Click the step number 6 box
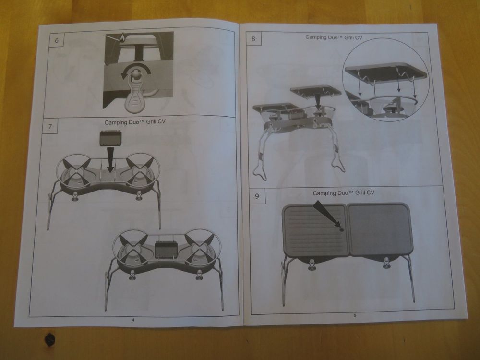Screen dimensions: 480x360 click(x=57, y=40)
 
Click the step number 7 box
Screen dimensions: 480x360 click(x=50, y=126)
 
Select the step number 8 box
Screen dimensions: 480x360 click(x=253, y=38)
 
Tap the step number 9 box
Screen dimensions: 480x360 click(x=257, y=196)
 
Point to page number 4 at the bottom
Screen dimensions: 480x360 click(x=133, y=320)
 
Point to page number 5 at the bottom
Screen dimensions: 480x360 click(x=355, y=315)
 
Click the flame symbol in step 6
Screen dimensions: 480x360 click(x=122, y=37)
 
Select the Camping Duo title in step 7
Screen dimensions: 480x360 click(x=135, y=122)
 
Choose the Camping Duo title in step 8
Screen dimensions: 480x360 click(x=334, y=37)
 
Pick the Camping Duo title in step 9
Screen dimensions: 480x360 click(x=344, y=193)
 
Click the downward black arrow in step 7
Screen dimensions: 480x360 click(x=110, y=160)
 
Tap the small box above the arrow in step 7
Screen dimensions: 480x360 click(x=111, y=139)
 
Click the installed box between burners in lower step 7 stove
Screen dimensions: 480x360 click(x=165, y=249)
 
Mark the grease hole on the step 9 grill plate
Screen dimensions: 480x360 click(x=342, y=229)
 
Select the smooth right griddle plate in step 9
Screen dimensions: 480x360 click(x=380, y=229)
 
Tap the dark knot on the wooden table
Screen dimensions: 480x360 click(x=49, y=338)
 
